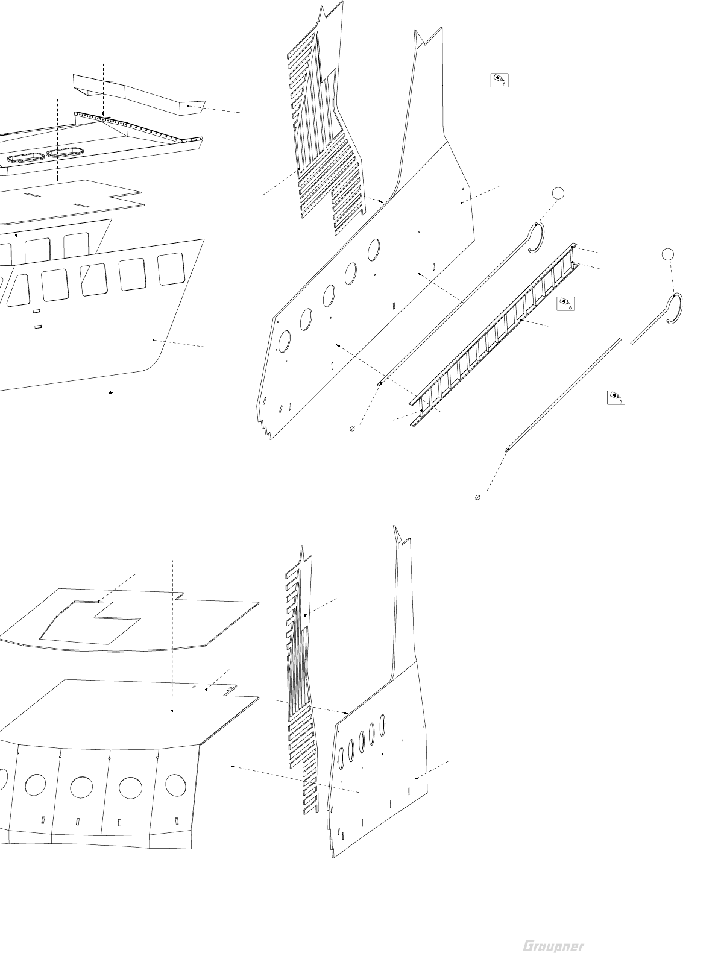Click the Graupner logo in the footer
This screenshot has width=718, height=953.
[553, 945]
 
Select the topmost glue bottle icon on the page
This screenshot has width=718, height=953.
[500, 80]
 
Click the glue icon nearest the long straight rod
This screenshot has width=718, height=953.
[616, 398]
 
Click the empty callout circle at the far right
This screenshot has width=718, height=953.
[667, 254]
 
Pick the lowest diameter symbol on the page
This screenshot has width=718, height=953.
[478, 498]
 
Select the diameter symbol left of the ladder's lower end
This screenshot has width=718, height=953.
[352, 429]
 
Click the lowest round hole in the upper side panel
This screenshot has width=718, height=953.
[284, 341]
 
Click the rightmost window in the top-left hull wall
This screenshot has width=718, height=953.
[171, 269]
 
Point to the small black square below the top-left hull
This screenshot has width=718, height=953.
[112, 393]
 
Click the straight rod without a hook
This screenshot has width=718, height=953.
[564, 395]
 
